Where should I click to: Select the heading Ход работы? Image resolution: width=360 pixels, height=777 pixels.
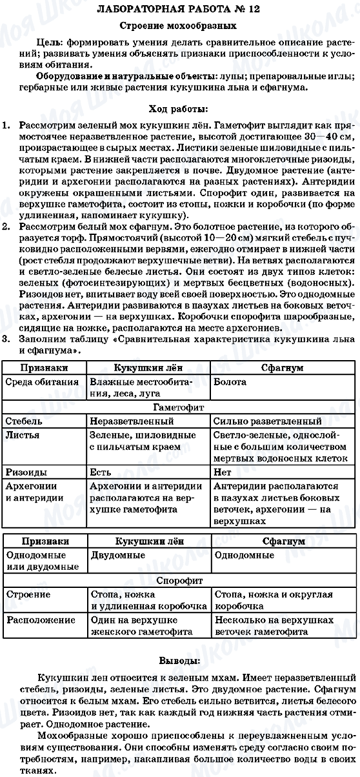180,107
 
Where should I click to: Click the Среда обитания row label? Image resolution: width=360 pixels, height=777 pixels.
41,382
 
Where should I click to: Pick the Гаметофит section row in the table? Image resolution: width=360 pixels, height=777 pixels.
180,408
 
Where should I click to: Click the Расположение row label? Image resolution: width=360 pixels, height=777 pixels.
37,620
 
